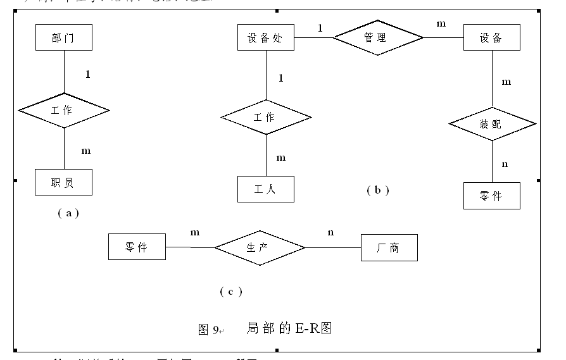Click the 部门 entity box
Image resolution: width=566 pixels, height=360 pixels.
point(63,37)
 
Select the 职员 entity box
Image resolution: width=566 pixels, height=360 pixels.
point(63,182)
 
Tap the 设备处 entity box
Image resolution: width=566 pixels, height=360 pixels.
point(265,37)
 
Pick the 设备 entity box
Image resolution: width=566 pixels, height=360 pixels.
point(491,37)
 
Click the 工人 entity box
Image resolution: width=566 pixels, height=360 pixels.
point(265,189)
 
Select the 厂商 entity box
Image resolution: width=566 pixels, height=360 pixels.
point(389,247)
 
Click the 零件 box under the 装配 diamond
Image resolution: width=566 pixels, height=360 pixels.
point(491,196)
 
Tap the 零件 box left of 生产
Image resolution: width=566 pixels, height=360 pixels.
point(137,247)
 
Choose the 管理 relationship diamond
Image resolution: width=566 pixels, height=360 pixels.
point(377,37)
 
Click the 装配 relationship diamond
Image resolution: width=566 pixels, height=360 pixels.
point(491,124)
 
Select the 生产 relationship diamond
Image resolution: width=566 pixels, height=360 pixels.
point(260,247)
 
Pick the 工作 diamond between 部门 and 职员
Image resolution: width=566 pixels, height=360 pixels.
point(63,111)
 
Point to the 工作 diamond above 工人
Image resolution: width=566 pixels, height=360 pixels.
point(265,117)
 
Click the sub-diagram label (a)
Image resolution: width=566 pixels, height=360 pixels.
point(68,213)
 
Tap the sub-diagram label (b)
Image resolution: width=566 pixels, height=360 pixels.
point(378,190)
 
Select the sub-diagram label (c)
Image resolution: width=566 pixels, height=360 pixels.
point(231,291)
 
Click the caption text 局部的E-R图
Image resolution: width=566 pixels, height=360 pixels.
point(289,328)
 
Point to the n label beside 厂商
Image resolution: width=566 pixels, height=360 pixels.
point(330,232)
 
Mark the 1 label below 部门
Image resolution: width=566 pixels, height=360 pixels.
point(87,74)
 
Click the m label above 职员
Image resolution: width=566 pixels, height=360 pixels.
point(86,151)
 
